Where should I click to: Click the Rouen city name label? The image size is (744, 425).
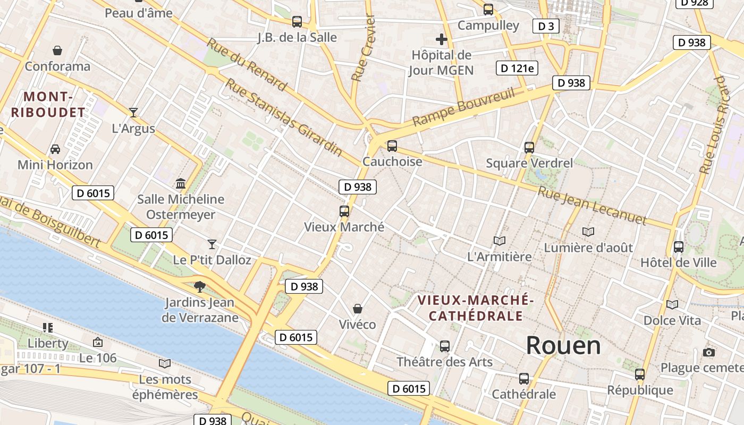point(563,345)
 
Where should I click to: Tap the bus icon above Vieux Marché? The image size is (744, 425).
point(344,211)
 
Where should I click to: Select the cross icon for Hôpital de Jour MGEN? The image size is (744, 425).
point(441,39)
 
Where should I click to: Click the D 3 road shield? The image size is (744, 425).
point(546,26)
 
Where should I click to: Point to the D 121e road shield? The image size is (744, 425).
point(517,67)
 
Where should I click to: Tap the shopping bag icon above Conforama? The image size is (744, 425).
point(57,50)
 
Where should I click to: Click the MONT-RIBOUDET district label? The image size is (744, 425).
point(48,105)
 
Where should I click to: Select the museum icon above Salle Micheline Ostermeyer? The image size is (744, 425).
point(181,183)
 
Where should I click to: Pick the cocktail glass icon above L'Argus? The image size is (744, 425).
point(133,112)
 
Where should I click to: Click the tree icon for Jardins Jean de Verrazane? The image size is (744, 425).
point(200,287)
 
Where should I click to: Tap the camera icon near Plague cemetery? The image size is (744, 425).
point(708,352)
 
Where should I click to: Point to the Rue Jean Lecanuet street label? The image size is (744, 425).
point(592,206)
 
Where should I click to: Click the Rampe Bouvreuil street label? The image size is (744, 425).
point(464,107)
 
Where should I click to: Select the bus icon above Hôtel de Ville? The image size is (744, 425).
point(679,246)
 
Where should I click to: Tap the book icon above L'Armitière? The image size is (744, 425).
point(499,241)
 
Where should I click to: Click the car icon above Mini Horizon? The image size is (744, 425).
point(55,149)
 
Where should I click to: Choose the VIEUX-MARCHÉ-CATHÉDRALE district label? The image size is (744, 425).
point(476,308)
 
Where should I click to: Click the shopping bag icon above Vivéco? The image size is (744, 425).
point(358,309)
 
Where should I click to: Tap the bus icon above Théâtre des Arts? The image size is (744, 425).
point(445,346)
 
